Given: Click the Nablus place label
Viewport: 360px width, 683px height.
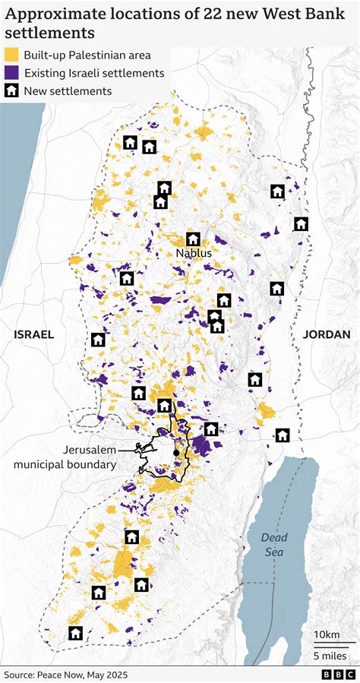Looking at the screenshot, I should click(193, 253).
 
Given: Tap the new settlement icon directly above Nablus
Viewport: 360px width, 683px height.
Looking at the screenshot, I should click(193, 239).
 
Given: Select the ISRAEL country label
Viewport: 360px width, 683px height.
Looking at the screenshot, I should click(33, 334).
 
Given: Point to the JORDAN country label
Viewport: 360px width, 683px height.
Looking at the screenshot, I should click(327, 334).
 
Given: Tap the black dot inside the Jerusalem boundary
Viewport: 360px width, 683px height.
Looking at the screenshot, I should click(176, 453).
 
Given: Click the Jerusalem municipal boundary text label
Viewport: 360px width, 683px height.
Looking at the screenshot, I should click(64, 457).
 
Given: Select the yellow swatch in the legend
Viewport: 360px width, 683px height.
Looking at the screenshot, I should click(11, 55).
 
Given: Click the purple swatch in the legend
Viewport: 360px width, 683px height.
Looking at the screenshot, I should click(11, 73).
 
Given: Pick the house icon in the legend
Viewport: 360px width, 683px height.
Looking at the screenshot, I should click(11, 91).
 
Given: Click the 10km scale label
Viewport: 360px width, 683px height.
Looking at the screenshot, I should click(327, 634).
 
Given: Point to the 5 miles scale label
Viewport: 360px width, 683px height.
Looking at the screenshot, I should click(330, 656).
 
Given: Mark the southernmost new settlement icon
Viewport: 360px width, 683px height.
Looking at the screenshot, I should click(75, 633).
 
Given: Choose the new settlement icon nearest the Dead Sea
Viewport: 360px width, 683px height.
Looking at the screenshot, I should click(283, 435).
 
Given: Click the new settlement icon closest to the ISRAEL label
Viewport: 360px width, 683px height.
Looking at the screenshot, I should click(97, 340).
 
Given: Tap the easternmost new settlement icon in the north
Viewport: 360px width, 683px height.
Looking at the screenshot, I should click(301, 223).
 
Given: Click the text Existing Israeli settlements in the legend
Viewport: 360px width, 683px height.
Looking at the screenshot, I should click(94, 73).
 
